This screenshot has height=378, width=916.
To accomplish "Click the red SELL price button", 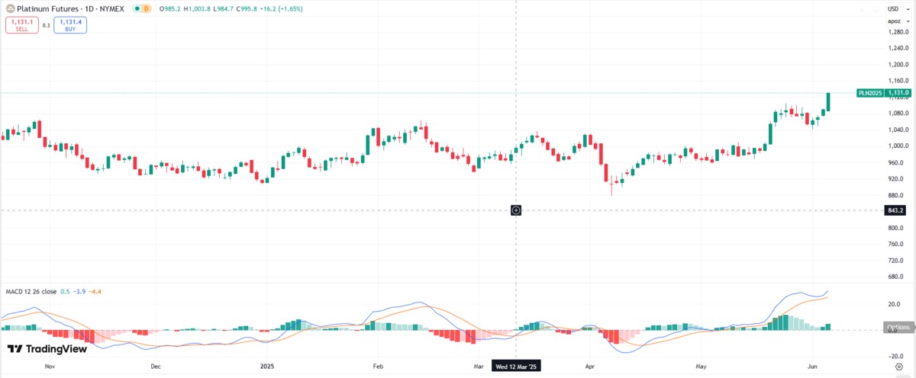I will pos(21,25).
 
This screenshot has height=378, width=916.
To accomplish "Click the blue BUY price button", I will pos(70,25).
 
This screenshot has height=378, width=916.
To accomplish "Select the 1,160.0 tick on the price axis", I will pos(898,81).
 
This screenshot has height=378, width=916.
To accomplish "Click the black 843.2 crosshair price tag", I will pos(895,210).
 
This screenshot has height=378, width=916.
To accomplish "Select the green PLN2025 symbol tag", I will pos(870,93).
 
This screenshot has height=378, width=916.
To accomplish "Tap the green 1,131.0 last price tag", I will pos(898,93).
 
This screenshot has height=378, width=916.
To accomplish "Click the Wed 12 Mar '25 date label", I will pos(517,367).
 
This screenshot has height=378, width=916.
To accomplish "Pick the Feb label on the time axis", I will pos(377,367).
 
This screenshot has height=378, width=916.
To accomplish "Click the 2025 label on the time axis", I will pos(266,367).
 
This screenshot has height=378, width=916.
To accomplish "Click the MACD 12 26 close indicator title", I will pos(31,292).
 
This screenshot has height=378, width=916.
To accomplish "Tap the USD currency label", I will pos(892,8).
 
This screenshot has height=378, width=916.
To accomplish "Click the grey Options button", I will pos(898,328).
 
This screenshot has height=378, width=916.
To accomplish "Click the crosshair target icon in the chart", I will pos(516,210).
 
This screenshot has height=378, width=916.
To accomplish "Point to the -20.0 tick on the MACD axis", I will pos(895,356).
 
